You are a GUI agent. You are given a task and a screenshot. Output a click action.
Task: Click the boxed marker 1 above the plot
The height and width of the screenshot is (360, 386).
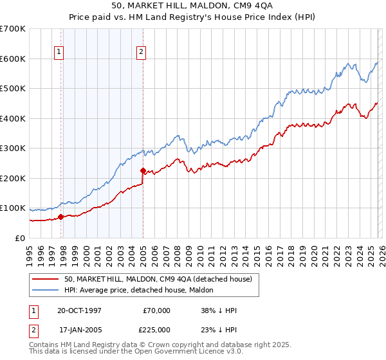pos(59,53)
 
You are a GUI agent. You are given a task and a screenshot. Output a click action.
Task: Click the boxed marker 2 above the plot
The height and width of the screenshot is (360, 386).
pos(141,53)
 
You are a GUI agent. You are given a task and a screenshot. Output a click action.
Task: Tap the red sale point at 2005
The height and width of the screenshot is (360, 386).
pos(143,170)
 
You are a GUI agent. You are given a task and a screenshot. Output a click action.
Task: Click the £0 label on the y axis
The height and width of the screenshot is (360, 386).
pos(19,238)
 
